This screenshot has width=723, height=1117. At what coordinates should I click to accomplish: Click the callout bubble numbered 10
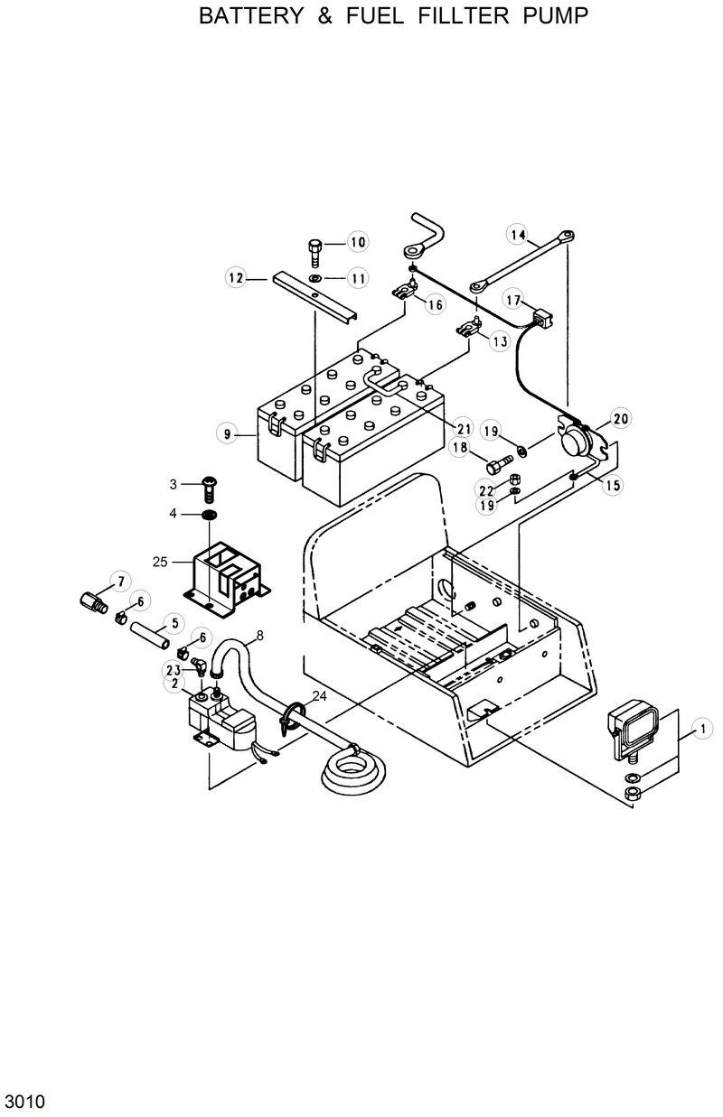point(358,242)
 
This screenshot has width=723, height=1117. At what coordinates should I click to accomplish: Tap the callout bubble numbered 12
point(236,278)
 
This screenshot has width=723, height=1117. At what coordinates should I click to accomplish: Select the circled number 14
point(517,235)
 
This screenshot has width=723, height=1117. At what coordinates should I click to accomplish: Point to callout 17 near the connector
point(512,300)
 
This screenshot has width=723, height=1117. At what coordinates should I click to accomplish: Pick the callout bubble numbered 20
point(621,418)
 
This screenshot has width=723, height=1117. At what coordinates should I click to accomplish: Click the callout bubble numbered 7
point(118,581)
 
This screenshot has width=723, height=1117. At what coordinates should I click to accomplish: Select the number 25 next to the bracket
point(160,562)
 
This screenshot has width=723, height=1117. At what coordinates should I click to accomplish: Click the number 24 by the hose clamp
point(318,695)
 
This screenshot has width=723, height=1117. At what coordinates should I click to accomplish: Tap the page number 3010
point(24,1102)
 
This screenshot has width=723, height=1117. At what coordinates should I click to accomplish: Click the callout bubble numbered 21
point(464,428)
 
